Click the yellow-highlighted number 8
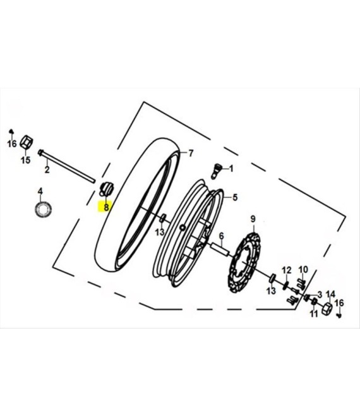106,207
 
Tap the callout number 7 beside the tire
191,154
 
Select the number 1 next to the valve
231,169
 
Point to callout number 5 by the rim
235,198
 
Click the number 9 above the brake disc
253,219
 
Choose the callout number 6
222,236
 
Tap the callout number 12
287,270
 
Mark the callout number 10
303,269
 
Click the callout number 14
331,294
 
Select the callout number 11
314,314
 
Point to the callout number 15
25,160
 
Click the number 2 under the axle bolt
47,169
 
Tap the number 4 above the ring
40,191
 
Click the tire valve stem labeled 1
216,171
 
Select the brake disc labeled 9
244,263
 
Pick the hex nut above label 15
27,142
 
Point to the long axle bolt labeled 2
66,167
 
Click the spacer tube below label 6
220,250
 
